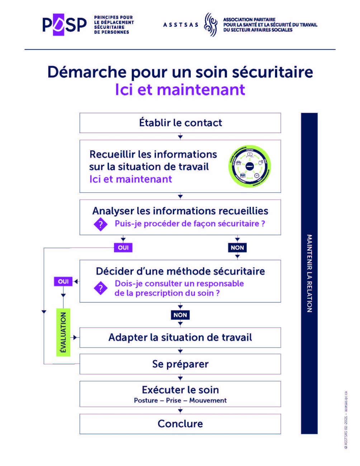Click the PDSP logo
(x=65, y=25)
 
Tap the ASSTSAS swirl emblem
(x=210, y=25)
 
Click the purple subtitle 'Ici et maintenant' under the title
(x=180, y=90)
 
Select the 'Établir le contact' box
(x=180, y=123)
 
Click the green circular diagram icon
(x=250, y=166)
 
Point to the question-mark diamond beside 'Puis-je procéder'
(x=101, y=224)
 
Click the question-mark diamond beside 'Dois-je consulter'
(x=101, y=288)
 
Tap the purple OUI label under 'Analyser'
(x=123, y=248)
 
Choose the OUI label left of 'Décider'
(x=63, y=282)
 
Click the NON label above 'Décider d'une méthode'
(x=237, y=248)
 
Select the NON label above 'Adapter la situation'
(x=180, y=315)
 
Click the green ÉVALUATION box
(x=63, y=332)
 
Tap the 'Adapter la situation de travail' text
(x=180, y=338)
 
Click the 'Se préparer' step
(x=180, y=364)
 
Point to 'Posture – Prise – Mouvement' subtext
(x=180, y=400)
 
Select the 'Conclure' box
(x=180, y=424)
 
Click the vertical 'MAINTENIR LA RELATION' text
(x=309, y=273)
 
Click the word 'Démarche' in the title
(x=87, y=72)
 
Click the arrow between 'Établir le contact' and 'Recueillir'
(x=180, y=137)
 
